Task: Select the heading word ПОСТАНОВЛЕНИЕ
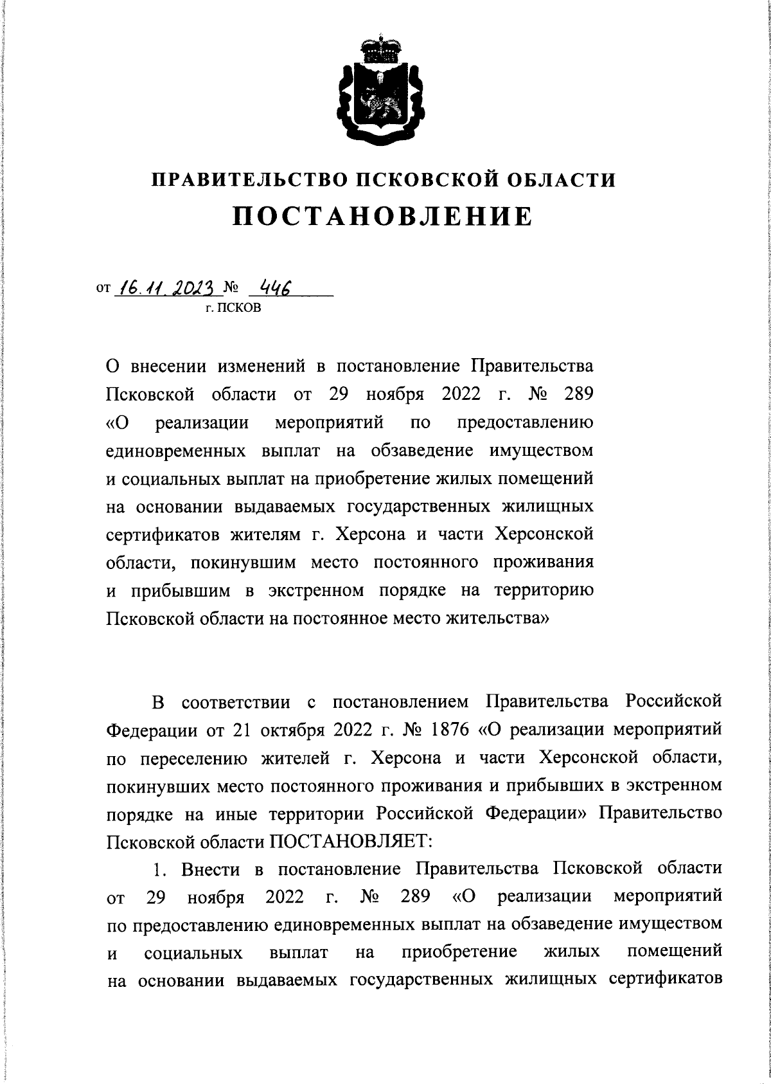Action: click(383, 216)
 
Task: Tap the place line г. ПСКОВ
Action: click(233, 309)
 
